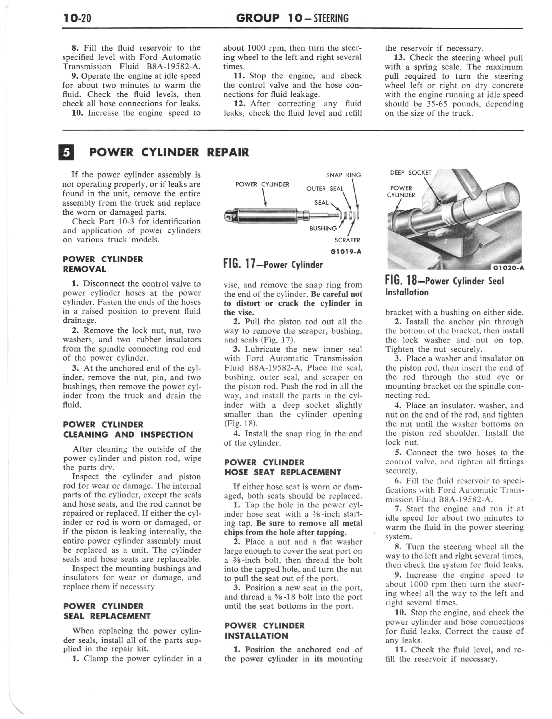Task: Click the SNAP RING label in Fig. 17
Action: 343,175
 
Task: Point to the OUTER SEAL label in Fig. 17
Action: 325,189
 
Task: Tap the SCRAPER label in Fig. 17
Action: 347,240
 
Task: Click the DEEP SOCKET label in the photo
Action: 410,173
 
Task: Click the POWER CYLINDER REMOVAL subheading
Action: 103,264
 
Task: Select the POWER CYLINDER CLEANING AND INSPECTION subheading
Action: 128,430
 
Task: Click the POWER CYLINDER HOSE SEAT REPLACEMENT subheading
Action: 283,467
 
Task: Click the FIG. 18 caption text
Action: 444,286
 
